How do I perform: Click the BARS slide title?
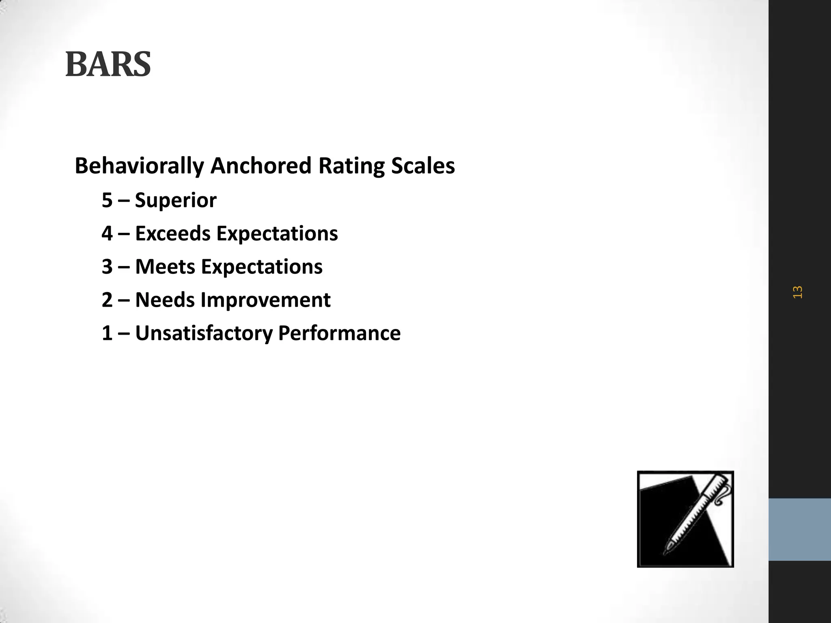[x=108, y=64]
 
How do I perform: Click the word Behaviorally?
[x=139, y=166]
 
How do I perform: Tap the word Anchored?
[x=261, y=166]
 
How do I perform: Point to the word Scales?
[x=423, y=166]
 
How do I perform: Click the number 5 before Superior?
[x=107, y=200]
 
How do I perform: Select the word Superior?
[x=176, y=200]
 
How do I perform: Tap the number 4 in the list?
[x=107, y=234]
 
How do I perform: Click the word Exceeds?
[x=172, y=234]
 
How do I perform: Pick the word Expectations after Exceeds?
[x=277, y=234]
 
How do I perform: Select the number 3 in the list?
[x=107, y=267]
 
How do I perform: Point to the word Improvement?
[x=266, y=300]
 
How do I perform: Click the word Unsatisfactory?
[x=204, y=333]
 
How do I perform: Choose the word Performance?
[x=339, y=333]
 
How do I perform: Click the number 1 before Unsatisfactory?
[x=107, y=333]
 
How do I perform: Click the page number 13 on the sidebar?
[x=797, y=292]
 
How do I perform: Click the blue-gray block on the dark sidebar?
[x=799, y=529]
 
